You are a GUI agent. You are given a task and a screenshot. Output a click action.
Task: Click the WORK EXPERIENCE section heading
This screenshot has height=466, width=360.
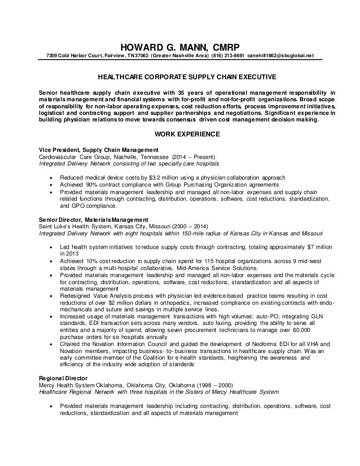[180, 134]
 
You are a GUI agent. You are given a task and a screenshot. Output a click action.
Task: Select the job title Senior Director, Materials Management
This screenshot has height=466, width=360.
[93, 219]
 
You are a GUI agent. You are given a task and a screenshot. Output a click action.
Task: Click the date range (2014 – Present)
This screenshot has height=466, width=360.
[193, 157]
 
